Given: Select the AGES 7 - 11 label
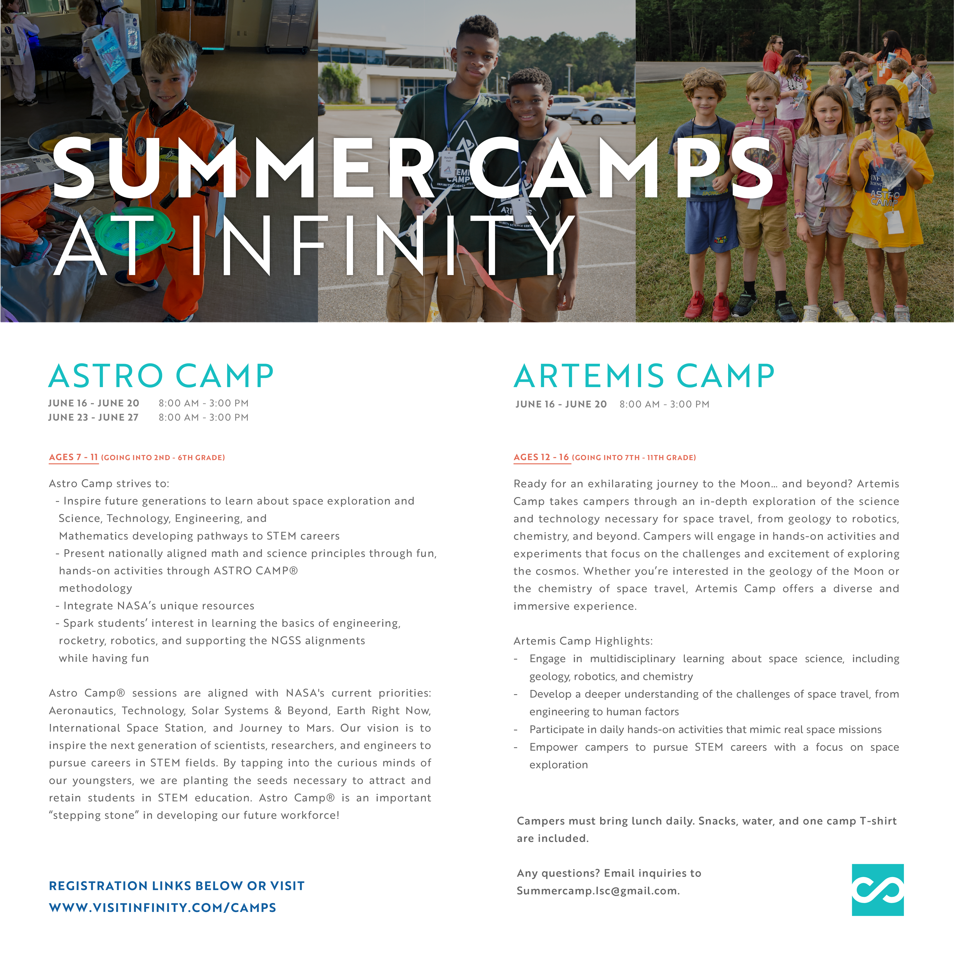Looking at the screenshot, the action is pos(74,457).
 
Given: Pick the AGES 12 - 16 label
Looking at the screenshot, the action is pos(542,457).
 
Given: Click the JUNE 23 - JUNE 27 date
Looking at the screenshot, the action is pos(93,417).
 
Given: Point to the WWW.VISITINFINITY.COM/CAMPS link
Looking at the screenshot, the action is pos(163,907).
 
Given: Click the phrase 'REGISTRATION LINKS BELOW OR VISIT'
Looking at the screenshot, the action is pos(177,886).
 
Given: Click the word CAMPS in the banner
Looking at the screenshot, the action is pos(621,168).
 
